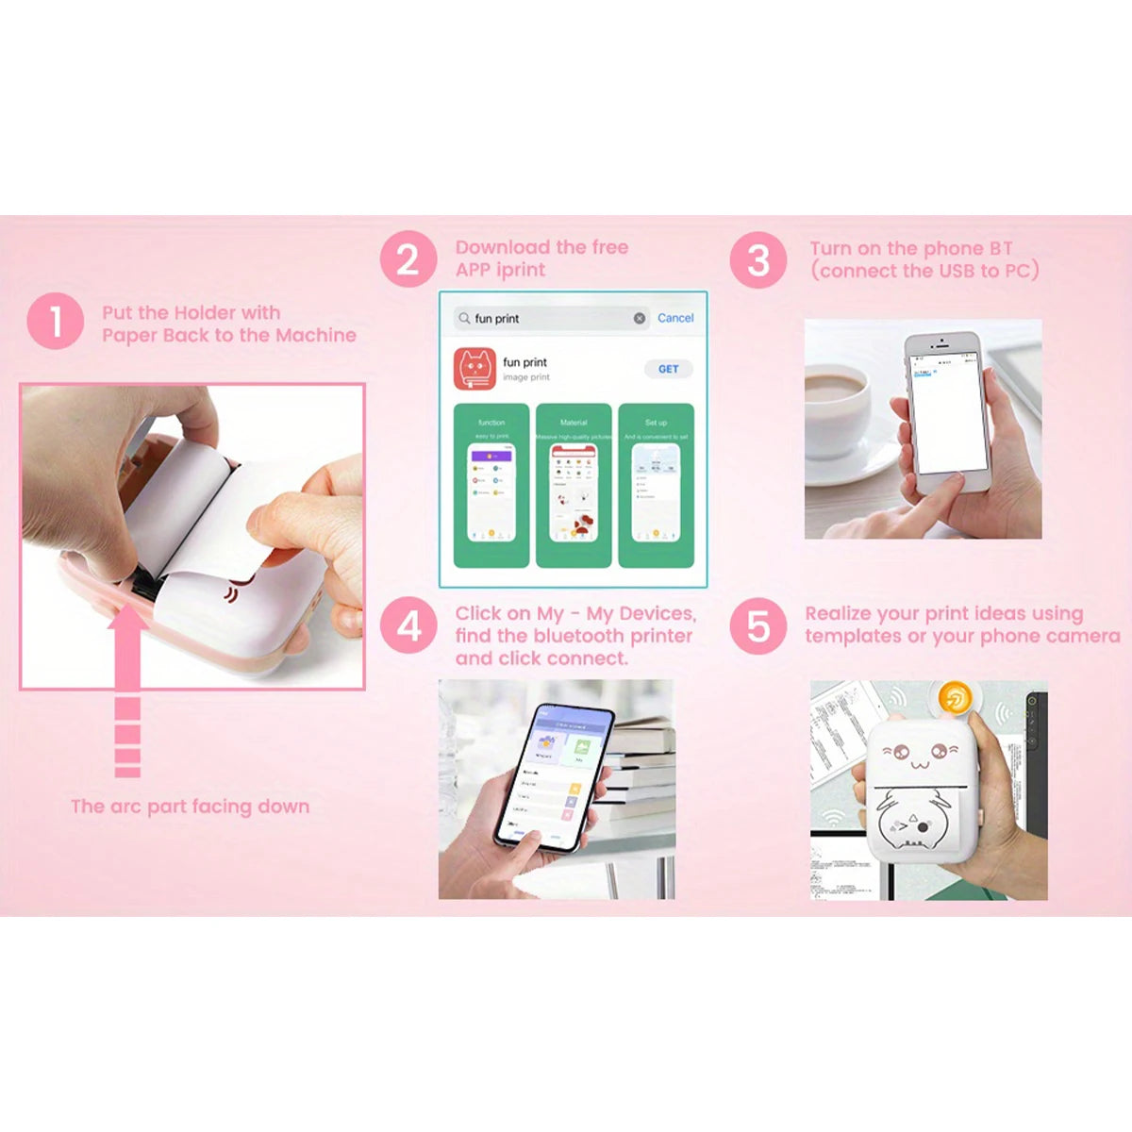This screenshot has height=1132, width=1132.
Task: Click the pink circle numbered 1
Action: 56,321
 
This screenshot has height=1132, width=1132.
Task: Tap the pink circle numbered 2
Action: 408,259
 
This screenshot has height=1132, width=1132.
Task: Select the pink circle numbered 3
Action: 757,260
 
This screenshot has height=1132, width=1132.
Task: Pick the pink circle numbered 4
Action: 408,626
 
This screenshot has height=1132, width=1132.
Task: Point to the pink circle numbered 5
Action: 757,626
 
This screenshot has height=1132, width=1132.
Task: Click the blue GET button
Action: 668,369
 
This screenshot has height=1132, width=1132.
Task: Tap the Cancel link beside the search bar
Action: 675,318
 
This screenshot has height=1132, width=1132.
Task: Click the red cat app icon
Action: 474,369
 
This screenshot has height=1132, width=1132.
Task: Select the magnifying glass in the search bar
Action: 464,319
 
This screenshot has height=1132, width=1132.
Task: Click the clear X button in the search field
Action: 640,319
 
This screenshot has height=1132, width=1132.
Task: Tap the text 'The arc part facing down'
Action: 190,807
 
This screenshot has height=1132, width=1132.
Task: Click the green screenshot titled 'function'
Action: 491,486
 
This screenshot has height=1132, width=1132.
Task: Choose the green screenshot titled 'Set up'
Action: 656,486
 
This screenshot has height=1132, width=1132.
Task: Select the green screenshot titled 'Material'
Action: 574,486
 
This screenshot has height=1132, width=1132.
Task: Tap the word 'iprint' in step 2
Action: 522,271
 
